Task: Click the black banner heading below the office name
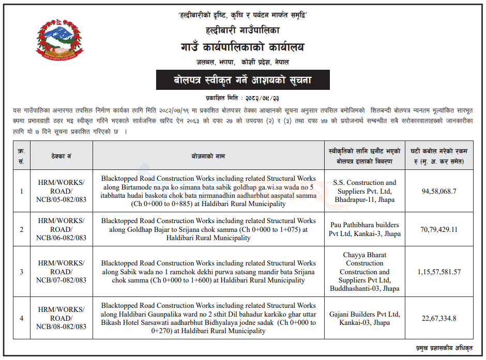pyautogui.click(x=243, y=81)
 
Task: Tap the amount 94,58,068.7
pyautogui.click(x=439, y=191)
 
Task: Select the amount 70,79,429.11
pyautogui.click(x=439, y=229)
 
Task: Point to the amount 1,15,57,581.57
pyautogui.click(x=439, y=272)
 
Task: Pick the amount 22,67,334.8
pyautogui.click(x=439, y=318)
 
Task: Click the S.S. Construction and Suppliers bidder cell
pyautogui.click(x=364, y=191)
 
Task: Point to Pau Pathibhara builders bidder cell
pyautogui.click(x=364, y=229)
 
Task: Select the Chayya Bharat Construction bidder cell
pyautogui.click(x=364, y=272)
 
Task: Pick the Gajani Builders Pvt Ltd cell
pyautogui.click(x=364, y=318)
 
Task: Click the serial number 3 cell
pyautogui.click(x=21, y=272)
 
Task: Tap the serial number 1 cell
pyautogui.click(x=21, y=191)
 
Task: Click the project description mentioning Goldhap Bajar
pyautogui.click(x=208, y=229)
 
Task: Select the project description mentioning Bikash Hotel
pyautogui.click(x=208, y=318)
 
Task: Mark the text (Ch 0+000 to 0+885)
pyautogui.click(x=136, y=204)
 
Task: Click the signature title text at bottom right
pyautogui.click(x=444, y=349)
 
